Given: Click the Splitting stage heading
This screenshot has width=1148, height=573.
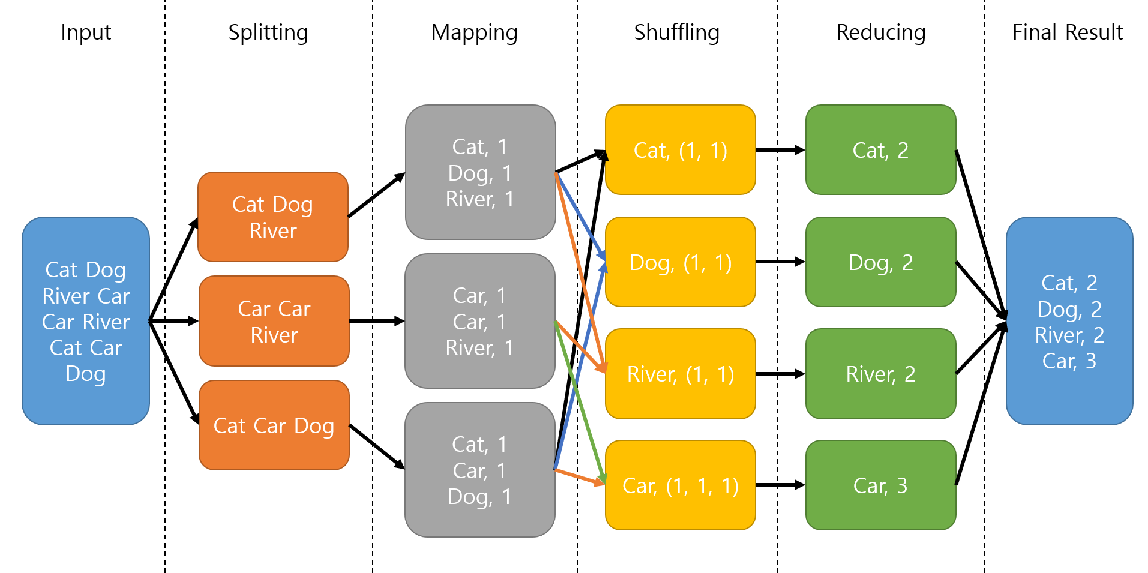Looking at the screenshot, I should click(268, 32).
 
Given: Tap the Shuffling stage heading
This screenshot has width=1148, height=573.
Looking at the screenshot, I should click(676, 32).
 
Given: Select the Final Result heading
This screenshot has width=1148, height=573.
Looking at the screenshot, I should click(1067, 32).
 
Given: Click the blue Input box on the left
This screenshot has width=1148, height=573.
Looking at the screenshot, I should click(86, 321).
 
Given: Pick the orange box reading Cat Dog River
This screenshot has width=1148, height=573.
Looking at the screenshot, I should click(273, 217).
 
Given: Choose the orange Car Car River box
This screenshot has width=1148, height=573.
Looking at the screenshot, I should click(274, 321).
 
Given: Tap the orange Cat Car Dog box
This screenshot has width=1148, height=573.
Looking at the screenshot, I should click(274, 425).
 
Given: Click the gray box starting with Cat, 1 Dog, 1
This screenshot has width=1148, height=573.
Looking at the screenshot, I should click(480, 172).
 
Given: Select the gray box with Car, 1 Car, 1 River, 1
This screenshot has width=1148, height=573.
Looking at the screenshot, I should click(480, 321).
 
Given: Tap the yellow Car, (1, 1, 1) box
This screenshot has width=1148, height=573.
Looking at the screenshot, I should click(680, 485).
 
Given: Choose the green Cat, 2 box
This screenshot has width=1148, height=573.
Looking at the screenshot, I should click(880, 150).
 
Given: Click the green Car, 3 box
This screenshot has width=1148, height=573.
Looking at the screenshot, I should click(880, 485).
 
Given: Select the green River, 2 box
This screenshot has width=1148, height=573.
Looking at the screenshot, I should click(880, 374).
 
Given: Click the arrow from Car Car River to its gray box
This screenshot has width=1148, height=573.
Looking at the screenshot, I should click(377, 321).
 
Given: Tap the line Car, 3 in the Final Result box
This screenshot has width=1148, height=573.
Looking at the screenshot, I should click(1069, 361).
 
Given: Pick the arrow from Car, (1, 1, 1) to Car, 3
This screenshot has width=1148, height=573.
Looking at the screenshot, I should click(780, 485).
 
